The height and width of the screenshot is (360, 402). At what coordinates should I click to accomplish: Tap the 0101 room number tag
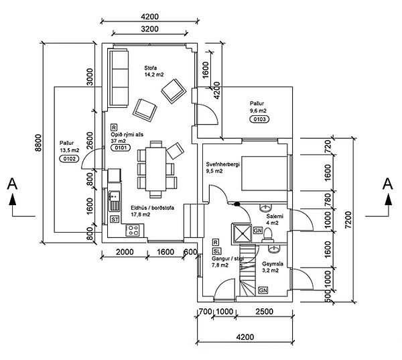(120, 149)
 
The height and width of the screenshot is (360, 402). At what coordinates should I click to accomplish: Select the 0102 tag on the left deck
(68, 159)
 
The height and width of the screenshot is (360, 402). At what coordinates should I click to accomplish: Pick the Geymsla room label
(271, 265)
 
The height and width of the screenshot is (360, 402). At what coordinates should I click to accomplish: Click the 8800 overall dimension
(39, 143)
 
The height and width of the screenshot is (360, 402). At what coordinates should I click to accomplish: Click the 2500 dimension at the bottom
(263, 312)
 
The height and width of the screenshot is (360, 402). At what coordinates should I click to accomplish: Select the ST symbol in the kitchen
(115, 219)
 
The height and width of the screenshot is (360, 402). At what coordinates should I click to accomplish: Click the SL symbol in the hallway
(216, 250)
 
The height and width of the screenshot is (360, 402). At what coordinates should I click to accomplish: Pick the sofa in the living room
(121, 76)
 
